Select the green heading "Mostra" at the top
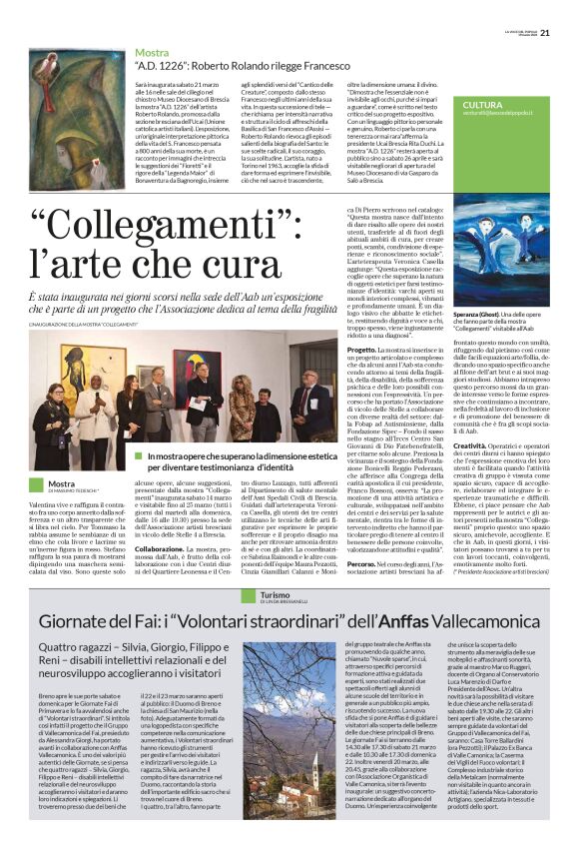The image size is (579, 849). tap(152, 51)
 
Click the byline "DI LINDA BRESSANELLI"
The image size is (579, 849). tap(270, 602)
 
